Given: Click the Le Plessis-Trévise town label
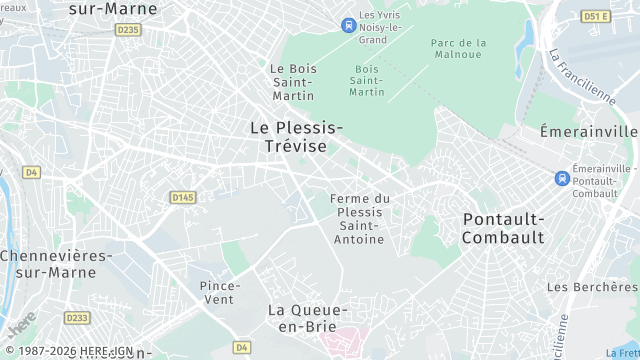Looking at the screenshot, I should tap(296, 136).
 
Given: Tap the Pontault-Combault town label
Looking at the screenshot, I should tap(504, 228).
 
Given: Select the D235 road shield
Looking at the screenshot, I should tap(128, 30).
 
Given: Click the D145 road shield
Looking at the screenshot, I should tap(182, 197).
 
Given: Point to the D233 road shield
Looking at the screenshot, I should tap(77, 317).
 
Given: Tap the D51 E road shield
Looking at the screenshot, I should tap(596, 17).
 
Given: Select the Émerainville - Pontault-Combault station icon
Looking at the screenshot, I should tap(562, 178).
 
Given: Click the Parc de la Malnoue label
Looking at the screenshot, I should tap(458, 49).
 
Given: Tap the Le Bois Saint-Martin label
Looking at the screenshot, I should tap(293, 81).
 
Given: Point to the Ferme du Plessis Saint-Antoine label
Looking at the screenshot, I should tap(360, 218).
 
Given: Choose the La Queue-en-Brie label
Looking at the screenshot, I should tap(308, 318).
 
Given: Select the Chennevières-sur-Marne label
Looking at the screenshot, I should tap(55, 263).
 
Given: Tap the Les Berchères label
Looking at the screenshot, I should tap(592, 287).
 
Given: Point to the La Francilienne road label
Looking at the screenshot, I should tap(580, 76).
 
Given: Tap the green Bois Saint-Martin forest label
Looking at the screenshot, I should tap(367, 80).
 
